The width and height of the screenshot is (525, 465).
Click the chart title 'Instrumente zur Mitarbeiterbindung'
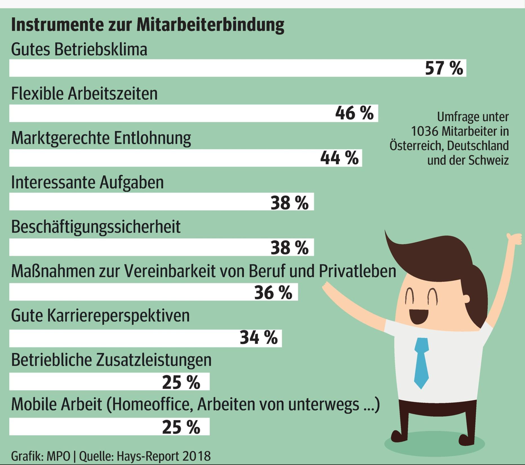(148, 25)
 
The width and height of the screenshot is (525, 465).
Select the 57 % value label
(444, 68)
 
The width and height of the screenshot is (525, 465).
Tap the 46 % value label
(354, 113)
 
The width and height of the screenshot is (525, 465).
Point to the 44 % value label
(339, 158)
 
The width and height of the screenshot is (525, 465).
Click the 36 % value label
(273, 292)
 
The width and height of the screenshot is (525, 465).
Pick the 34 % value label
(259, 337)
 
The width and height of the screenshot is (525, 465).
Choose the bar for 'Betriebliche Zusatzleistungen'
(84, 382)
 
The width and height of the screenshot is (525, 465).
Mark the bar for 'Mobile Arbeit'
(84, 427)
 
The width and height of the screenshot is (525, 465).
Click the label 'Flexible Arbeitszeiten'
(84, 94)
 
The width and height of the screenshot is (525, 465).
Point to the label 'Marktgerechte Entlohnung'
(101, 138)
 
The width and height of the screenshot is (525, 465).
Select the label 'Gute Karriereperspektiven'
(100, 316)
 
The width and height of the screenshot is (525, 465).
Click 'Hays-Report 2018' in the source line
(163, 456)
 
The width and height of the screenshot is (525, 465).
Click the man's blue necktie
(421, 362)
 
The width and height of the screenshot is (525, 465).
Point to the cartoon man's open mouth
(419, 316)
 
